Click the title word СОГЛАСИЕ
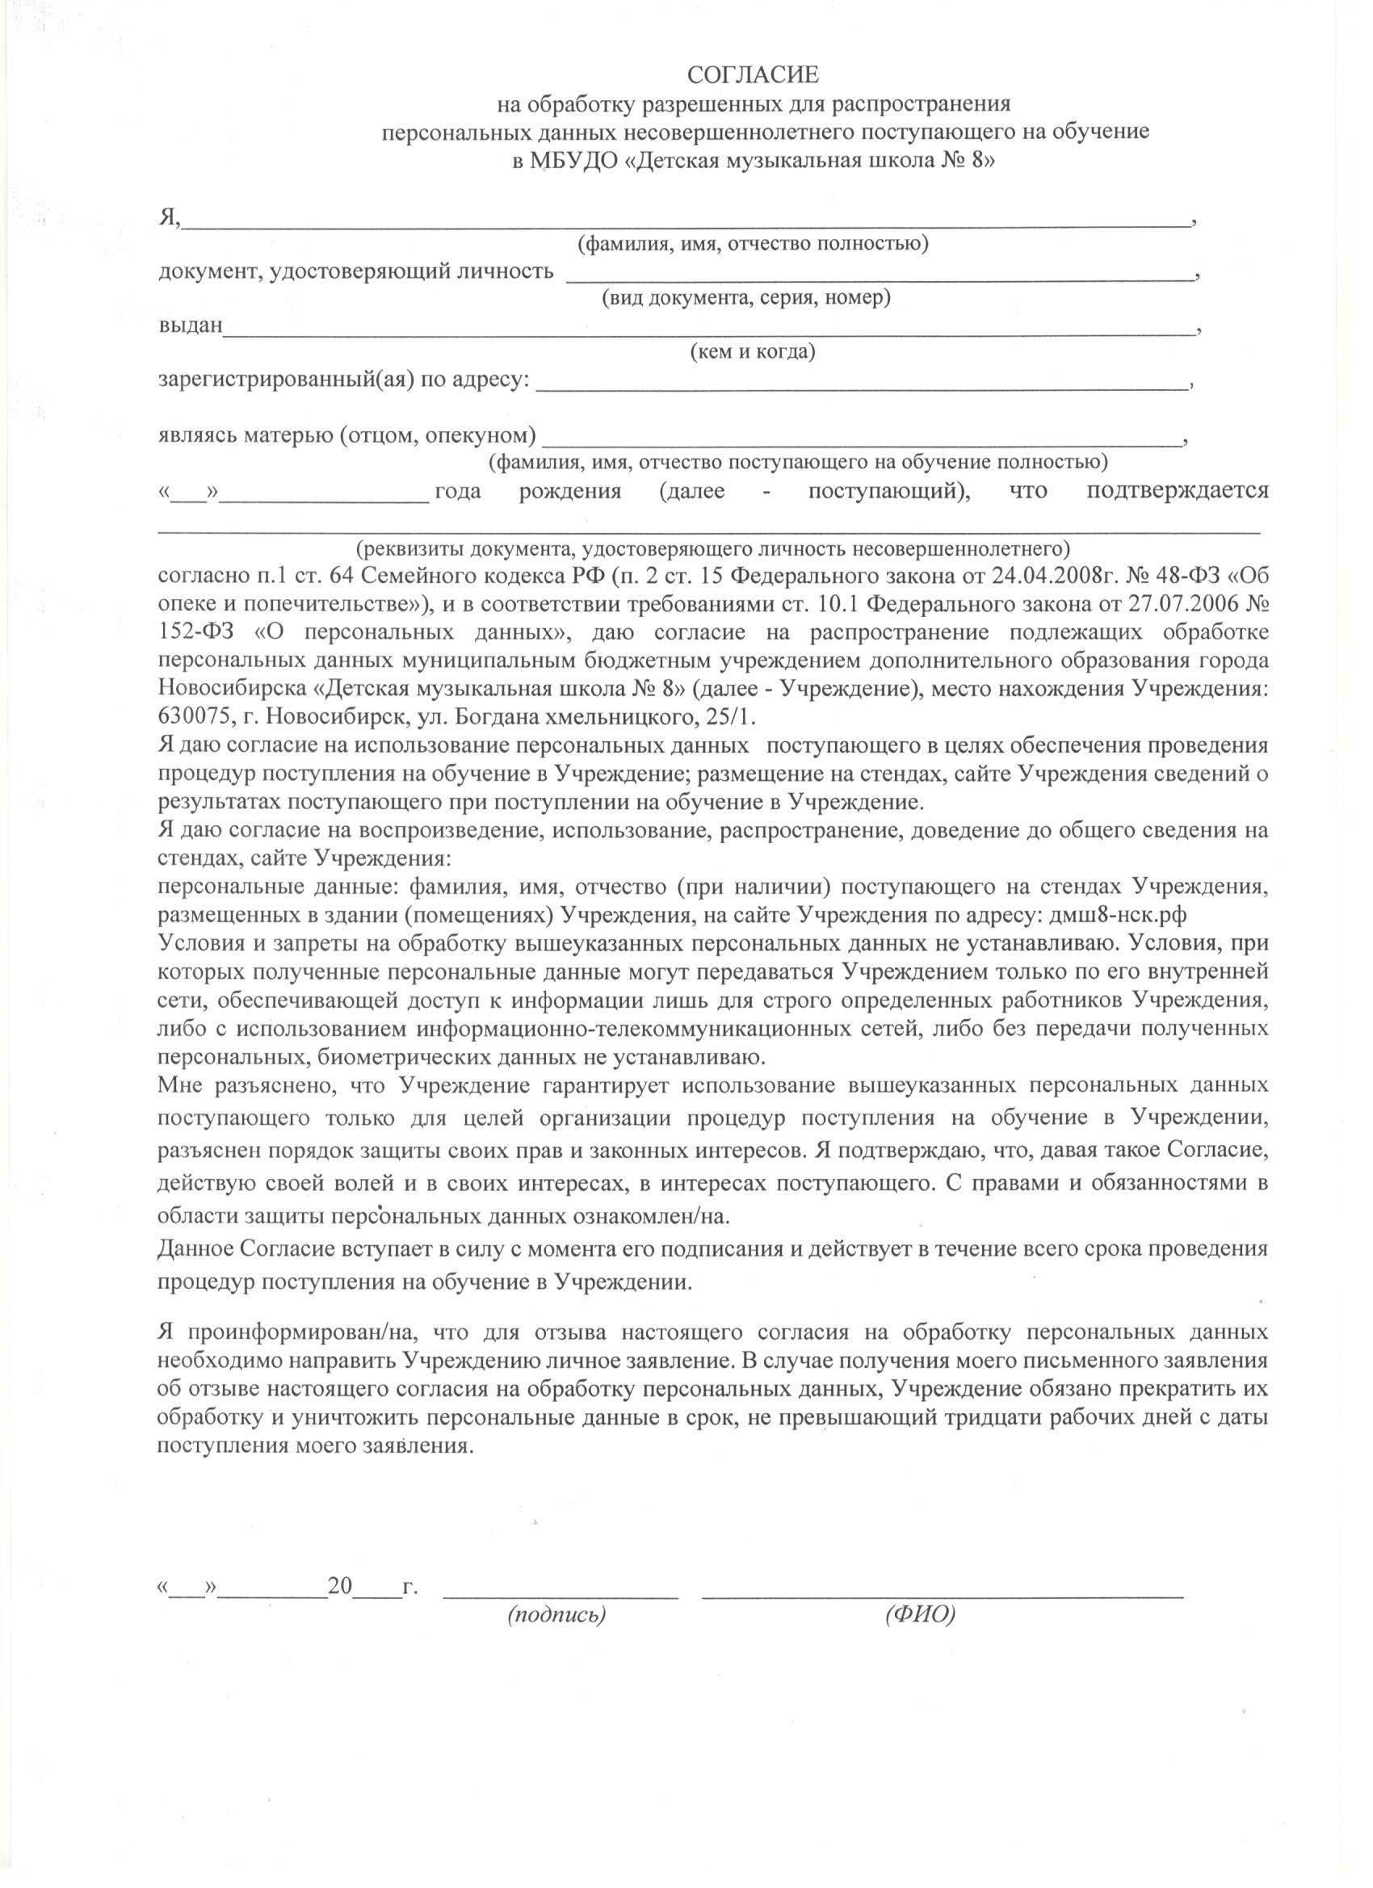point(754,76)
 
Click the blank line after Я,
point(687,223)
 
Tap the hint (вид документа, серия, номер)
point(746,298)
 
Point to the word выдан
point(191,325)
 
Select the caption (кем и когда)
point(753,352)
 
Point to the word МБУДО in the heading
point(575,162)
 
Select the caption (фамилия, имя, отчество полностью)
point(754,244)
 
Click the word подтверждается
point(1178,490)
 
